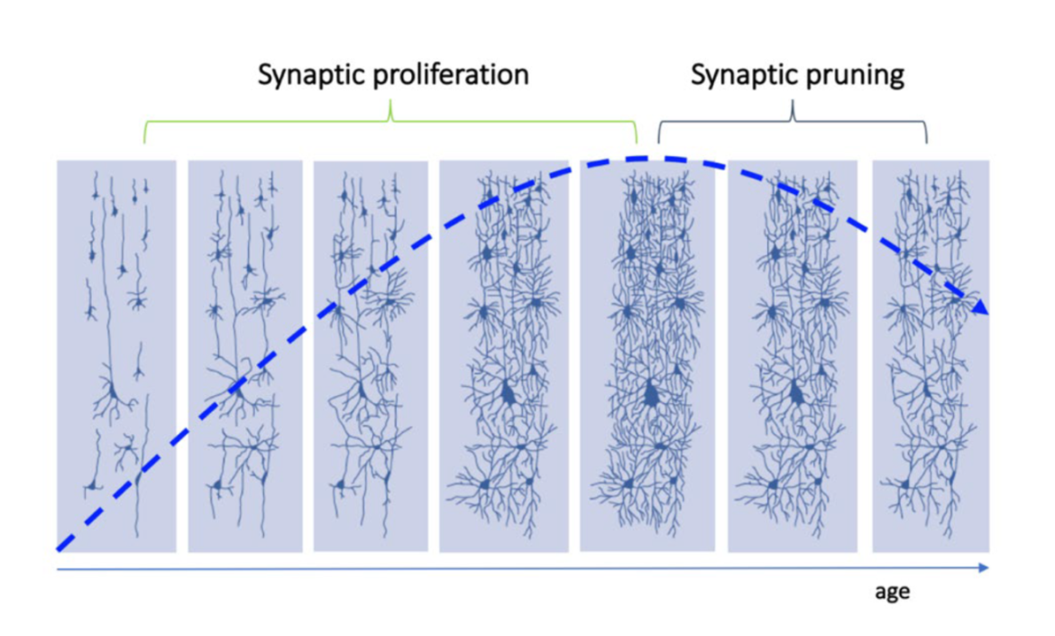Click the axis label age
pyautogui.click(x=892, y=593)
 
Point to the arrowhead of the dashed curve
pyautogui.click(x=980, y=307)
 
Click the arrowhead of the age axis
pyautogui.click(x=984, y=568)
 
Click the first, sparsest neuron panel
pyautogui.click(x=116, y=356)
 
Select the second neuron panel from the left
pyautogui.click(x=245, y=356)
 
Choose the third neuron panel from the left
pyautogui.click(x=371, y=356)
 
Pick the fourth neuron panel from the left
pyautogui.click(x=504, y=356)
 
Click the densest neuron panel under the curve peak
pyautogui.click(x=647, y=356)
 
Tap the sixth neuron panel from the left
pyautogui.click(x=793, y=356)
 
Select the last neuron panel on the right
pyautogui.click(x=931, y=356)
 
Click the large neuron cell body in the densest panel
pyautogui.click(x=651, y=393)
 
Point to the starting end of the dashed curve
pyautogui.click(x=58, y=549)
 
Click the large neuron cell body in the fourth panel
pyautogui.click(x=508, y=392)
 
